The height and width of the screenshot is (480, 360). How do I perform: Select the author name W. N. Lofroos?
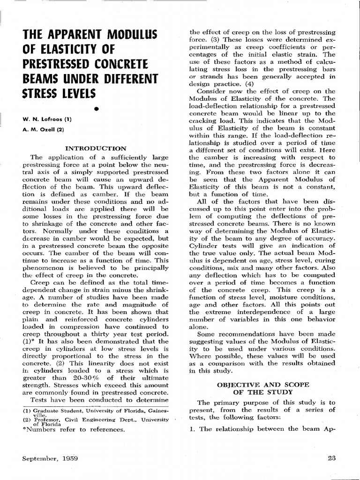(45, 119)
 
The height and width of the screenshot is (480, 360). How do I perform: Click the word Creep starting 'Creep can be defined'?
(40, 283)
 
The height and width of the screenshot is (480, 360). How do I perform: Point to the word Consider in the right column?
(213, 91)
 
